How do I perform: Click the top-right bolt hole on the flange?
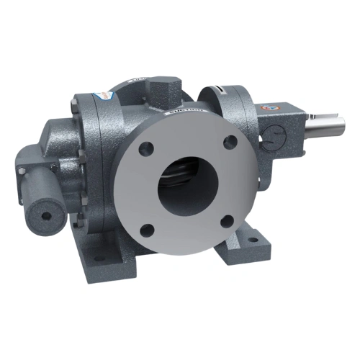point(230,141)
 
